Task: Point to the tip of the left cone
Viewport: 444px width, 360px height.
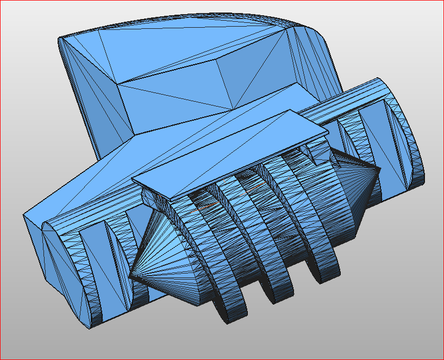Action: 130,277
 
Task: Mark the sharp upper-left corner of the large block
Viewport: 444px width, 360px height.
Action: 60,39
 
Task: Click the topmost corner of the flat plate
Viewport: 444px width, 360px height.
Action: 291,111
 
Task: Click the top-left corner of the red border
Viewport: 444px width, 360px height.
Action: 1,1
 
